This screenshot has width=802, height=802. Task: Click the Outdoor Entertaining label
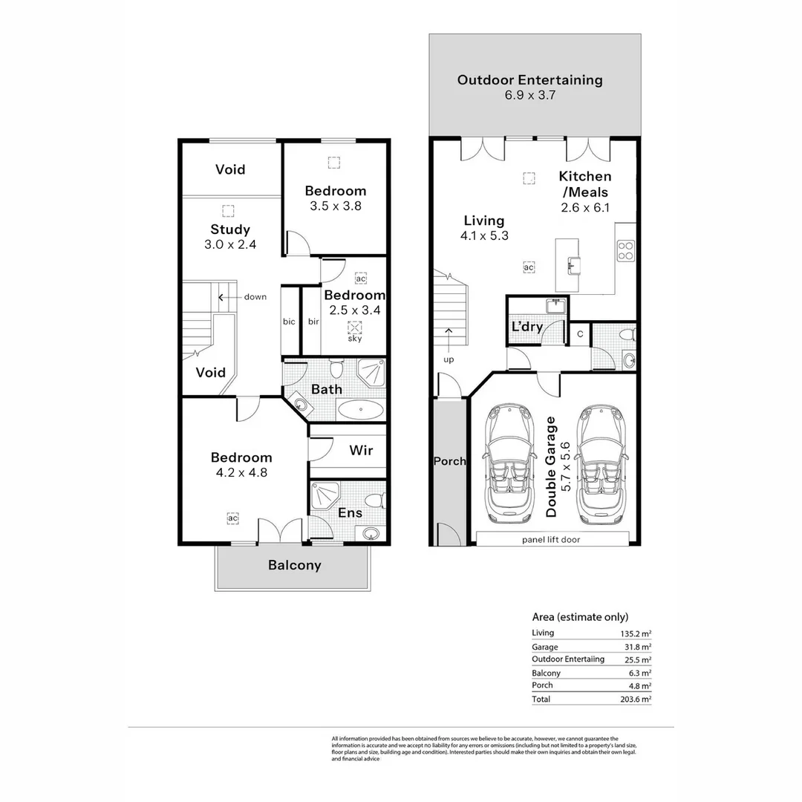pos(529,80)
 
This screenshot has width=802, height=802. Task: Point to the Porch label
pos(449,461)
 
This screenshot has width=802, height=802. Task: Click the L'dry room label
pos(526,327)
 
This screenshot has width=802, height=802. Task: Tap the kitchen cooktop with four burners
pos(626,252)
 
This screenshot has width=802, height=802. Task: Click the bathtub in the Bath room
pos(360,409)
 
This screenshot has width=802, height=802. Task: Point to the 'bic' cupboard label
pos(289,322)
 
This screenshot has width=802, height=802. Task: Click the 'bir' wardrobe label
pos(313,322)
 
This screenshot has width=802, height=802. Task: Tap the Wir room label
pos(360,451)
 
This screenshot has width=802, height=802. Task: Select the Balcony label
pos(295,565)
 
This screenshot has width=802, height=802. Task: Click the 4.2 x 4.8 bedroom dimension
pos(241,472)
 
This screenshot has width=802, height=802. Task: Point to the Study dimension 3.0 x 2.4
pos(230,244)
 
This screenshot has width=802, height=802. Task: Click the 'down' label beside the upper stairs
pos(255,297)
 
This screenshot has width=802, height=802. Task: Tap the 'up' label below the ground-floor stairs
pos(449,359)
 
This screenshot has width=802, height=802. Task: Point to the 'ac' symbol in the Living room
pos(529,267)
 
